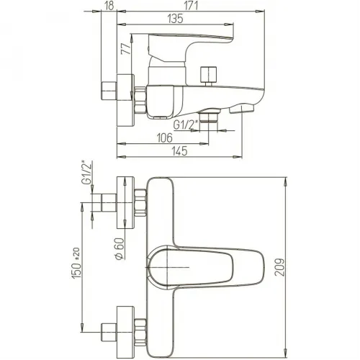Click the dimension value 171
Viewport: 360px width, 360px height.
pyautogui.click(x=192, y=6)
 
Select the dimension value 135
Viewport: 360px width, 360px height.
pyautogui.click(x=175, y=19)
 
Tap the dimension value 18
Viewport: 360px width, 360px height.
pyautogui.click(x=109, y=6)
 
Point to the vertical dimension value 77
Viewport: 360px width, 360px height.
pyautogui.click(x=127, y=48)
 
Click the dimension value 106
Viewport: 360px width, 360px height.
pyautogui.click(x=165, y=138)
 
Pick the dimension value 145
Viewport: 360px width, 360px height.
pyautogui.click(x=180, y=151)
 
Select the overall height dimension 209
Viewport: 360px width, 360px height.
pyautogui.click(x=279, y=267)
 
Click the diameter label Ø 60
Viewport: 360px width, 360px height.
pyautogui.click(x=120, y=248)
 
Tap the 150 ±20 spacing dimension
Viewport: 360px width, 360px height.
pyautogui.click(x=76, y=263)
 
